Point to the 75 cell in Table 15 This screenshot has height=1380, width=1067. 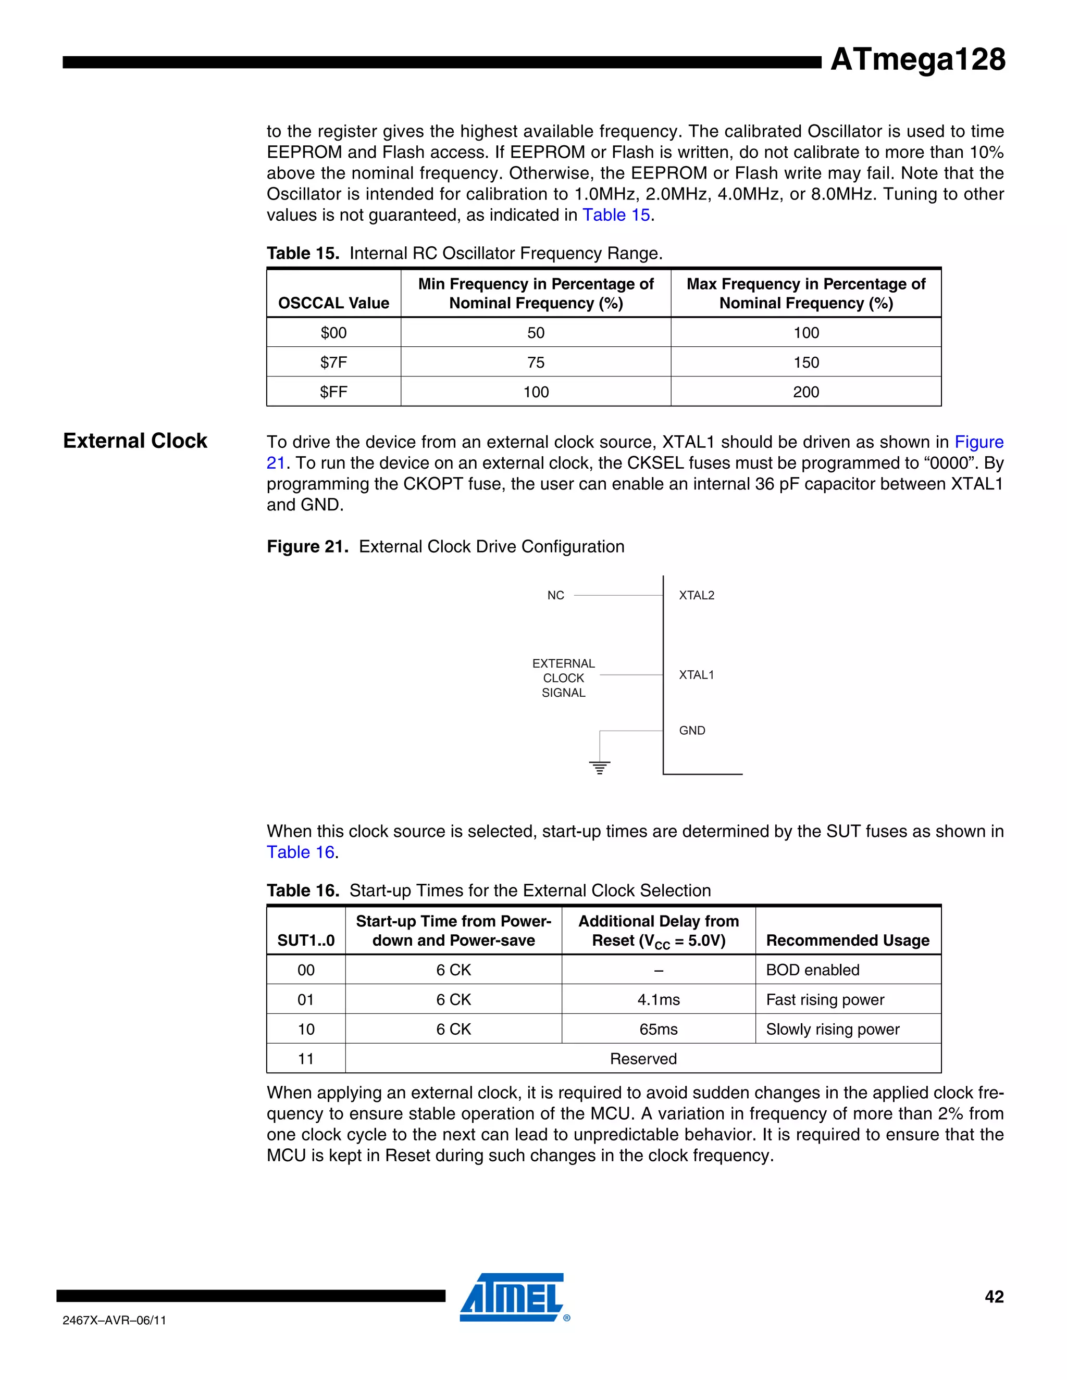click(536, 362)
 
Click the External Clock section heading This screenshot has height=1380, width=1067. click(135, 441)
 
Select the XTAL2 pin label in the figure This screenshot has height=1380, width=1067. click(696, 595)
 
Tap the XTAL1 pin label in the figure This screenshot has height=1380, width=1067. click(696, 675)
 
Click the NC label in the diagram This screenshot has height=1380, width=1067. click(555, 595)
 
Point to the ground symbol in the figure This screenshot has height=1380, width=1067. click(599, 767)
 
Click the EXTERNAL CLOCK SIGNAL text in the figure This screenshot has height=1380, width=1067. click(563, 678)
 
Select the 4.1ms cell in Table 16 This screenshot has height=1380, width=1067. click(658, 1000)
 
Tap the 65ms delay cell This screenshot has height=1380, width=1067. click(658, 1030)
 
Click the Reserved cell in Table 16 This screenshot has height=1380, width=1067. click(643, 1059)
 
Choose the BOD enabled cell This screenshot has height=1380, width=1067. click(812, 970)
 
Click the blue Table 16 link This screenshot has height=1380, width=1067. click(300, 852)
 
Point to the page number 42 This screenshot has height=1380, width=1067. click(994, 1297)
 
